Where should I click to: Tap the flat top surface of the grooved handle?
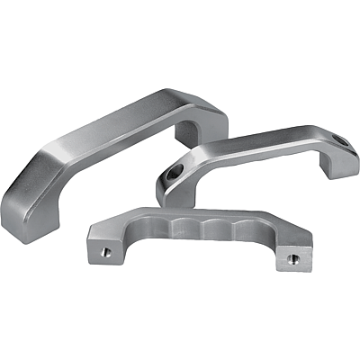(x=207, y=215)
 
